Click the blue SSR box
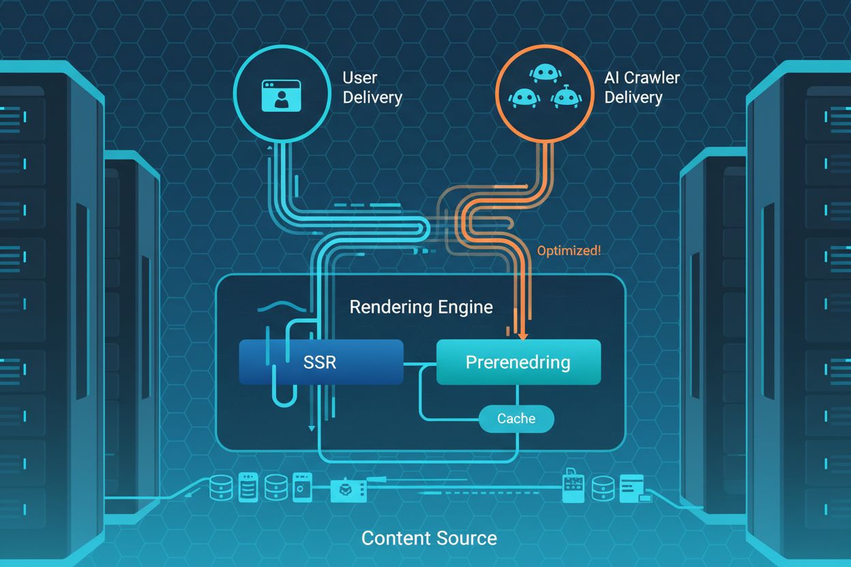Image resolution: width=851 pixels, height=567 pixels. (320, 361)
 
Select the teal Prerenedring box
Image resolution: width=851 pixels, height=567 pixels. (518, 362)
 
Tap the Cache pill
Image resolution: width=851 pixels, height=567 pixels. (516, 418)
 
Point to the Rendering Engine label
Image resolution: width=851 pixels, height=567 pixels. (421, 307)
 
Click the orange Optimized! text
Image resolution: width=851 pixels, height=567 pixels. (569, 250)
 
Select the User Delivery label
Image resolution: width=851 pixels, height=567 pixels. (372, 87)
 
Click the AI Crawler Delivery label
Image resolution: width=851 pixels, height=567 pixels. (641, 87)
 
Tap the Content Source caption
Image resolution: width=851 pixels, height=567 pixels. (429, 538)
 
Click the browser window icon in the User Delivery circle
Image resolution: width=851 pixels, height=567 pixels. (281, 95)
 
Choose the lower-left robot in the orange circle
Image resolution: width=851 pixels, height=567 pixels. (522, 97)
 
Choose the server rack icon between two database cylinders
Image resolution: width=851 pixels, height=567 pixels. (249, 488)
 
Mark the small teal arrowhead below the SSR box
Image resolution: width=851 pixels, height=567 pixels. (312, 428)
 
